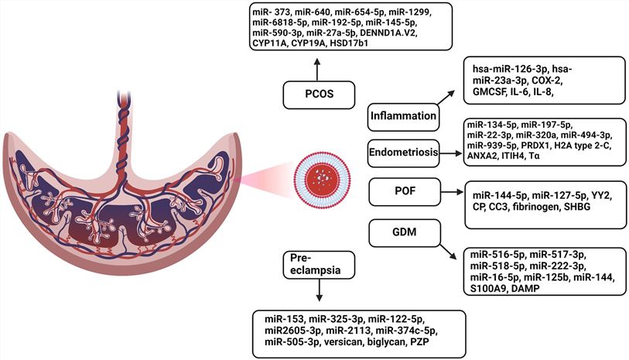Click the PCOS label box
[314, 96]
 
